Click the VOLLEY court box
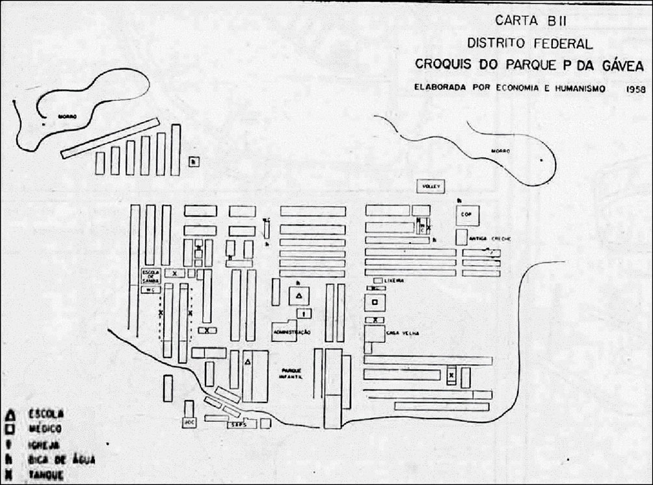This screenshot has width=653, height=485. click(x=431, y=186)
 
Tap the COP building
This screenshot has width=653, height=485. click(x=466, y=214)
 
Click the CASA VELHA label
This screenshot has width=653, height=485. click(x=403, y=334)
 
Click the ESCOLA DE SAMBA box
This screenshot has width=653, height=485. click(x=151, y=275)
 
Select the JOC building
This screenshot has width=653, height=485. click(x=189, y=422)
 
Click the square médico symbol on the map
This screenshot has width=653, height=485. click(x=375, y=302)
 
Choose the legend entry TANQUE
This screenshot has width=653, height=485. click(x=46, y=475)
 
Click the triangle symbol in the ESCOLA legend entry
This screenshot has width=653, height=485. click(x=10, y=413)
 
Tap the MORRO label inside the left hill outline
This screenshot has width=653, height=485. click(x=68, y=116)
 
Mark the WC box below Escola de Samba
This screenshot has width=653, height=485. click(x=151, y=290)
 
